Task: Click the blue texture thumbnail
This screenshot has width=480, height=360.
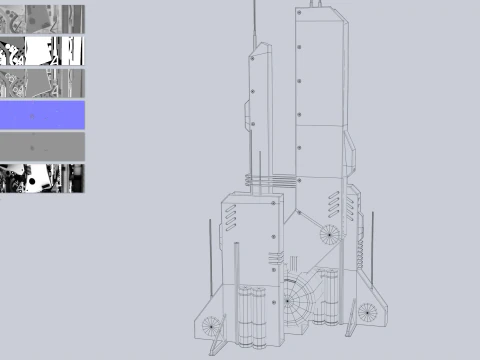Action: tap(42, 115)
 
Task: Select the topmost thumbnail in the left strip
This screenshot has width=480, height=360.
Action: tap(42, 19)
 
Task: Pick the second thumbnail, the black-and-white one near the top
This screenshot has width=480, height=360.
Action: tap(42, 51)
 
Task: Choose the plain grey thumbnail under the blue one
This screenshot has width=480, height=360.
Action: tap(42, 146)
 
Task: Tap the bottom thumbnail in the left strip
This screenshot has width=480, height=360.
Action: tap(42, 178)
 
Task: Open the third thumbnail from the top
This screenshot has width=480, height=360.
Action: tap(42, 83)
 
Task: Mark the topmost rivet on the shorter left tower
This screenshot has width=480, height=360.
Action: tap(255, 57)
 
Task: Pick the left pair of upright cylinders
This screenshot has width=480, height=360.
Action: tap(251, 315)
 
